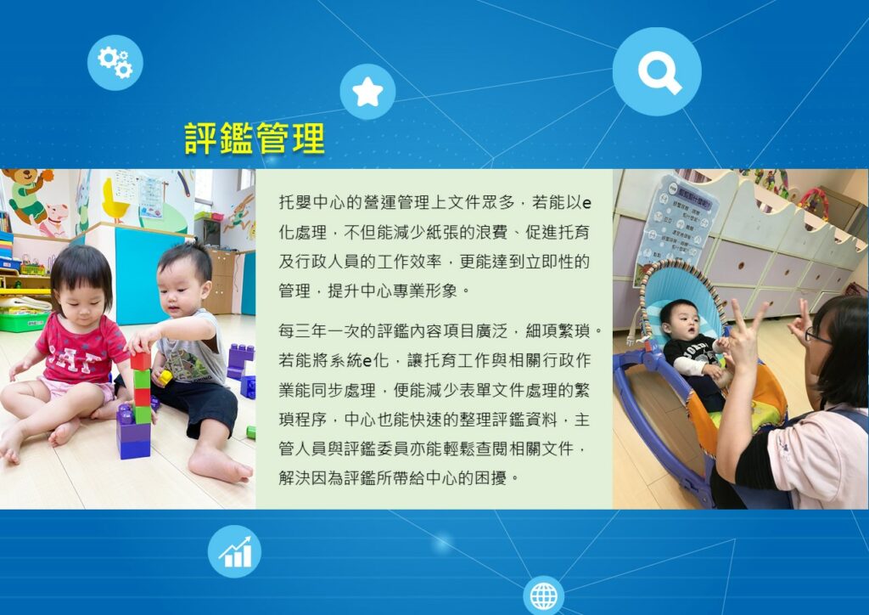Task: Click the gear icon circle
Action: pyautogui.click(x=115, y=62)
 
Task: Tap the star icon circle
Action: pyautogui.click(x=367, y=92)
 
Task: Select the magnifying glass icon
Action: pyautogui.click(x=657, y=71)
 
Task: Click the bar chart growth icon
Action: pyautogui.click(x=234, y=551)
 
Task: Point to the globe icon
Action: pyautogui.click(x=544, y=595)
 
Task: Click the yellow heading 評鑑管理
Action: pyautogui.click(x=255, y=138)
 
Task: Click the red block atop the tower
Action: pyautogui.click(x=141, y=361)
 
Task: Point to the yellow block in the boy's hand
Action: pyautogui.click(x=165, y=378)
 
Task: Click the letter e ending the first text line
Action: pyautogui.click(x=587, y=204)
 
